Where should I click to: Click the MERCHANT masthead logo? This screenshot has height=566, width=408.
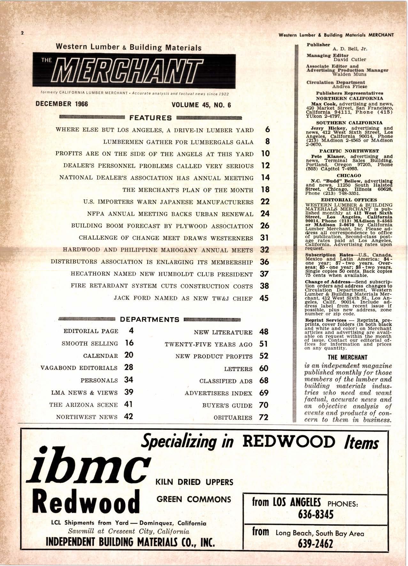[x=134, y=71]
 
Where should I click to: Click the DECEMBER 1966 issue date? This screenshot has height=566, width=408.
[x=62, y=104]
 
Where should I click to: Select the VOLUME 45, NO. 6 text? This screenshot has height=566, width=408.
[x=201, y=105]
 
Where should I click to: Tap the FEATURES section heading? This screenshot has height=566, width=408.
[x=150, y=118]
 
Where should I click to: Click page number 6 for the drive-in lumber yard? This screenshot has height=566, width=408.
[x=267, y=129]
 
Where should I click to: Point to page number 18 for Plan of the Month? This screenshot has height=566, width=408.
[x=265, y=190]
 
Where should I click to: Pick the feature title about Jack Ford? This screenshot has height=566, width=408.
[x=183, y=298]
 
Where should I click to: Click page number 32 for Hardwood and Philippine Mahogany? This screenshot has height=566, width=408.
[x=265, y=250]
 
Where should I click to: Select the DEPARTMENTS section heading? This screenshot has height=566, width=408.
[x=150, y=319]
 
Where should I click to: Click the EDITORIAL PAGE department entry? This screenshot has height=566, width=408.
[x=91, y=331]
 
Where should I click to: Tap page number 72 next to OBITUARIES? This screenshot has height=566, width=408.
[x=264, y=417]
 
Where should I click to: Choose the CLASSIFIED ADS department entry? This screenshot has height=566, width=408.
[x=226, y=381]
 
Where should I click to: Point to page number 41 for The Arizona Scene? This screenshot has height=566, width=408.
[x=128, y=404]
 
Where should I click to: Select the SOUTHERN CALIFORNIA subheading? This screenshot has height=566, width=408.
[x=349, y=123]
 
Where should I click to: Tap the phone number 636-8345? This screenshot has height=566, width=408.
[x=315, y=514]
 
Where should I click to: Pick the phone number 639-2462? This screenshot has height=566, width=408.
[x=315, y=544]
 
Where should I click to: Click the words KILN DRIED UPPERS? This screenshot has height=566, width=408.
[x=194, y=482]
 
